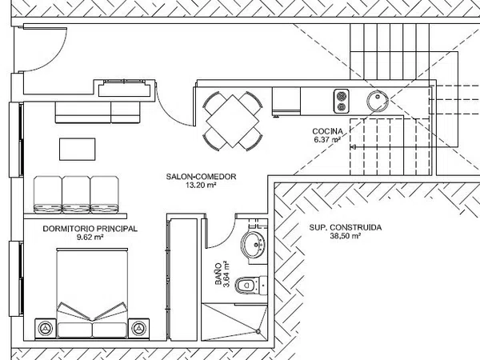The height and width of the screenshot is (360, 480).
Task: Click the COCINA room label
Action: (327, 131)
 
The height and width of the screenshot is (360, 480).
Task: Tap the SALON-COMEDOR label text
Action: (201, 177)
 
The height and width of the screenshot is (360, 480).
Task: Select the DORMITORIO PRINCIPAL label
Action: (90, 229)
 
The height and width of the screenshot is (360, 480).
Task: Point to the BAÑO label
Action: (218, 274)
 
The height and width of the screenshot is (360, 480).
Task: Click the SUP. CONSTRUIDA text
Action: (346, 227)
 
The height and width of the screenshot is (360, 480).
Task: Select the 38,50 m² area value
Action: (345, 236)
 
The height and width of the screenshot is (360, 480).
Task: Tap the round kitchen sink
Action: (378, 101)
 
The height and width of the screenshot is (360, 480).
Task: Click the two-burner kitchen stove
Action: (342, 101)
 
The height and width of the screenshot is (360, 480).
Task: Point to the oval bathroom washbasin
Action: (253, 244)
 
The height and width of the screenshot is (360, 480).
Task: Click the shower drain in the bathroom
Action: (258, 331)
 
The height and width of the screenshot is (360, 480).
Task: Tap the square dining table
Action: (233, 120)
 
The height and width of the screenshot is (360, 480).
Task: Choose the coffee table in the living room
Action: (77, 149)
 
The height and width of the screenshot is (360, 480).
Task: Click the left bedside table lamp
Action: (46, 329)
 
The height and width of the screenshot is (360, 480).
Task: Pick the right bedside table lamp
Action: (138, 329)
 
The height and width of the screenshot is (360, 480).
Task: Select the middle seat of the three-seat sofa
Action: (76, 194)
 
